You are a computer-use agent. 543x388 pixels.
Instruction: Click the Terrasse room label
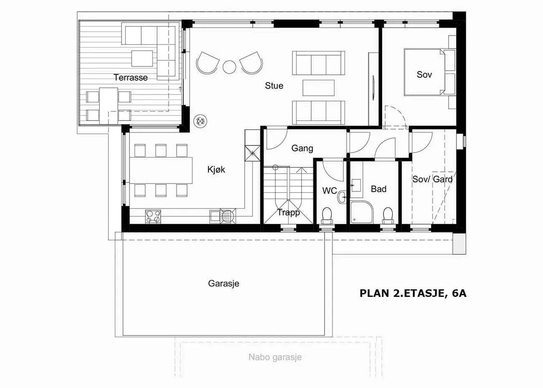131,78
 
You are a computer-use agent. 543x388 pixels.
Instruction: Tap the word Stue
274,86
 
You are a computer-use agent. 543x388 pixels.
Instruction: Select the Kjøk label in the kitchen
216,169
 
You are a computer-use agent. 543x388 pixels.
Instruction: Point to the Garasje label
223,283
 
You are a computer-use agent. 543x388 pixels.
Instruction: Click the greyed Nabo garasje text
275,357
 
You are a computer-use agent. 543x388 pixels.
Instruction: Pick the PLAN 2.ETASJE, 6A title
413,294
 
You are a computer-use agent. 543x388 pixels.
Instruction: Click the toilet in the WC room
327,216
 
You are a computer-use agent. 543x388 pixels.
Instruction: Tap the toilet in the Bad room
388,216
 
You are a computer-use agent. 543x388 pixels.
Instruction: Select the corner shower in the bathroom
362,212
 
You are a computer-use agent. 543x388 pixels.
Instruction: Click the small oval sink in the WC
342,197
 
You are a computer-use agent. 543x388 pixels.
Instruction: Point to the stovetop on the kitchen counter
153,217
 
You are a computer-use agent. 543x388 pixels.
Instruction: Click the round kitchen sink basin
228,216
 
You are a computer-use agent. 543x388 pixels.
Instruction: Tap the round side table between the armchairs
229,67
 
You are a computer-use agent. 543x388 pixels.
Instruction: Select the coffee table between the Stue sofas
319,88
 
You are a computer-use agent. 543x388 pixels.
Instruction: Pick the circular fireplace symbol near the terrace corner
200,121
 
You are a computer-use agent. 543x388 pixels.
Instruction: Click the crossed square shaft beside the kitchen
252,153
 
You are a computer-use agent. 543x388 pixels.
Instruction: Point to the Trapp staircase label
289,212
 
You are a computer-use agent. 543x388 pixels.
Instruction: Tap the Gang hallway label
302,148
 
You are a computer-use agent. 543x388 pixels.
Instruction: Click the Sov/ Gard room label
432,179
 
